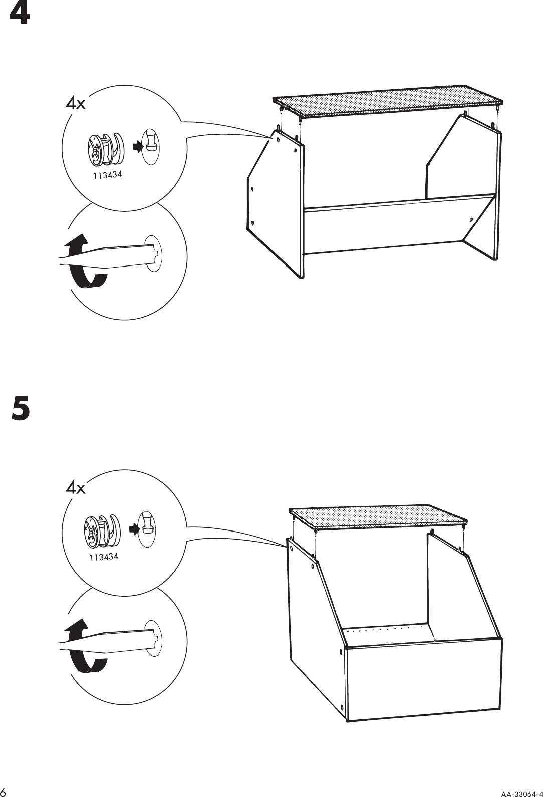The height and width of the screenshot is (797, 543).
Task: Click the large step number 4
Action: click(x=20, y=15)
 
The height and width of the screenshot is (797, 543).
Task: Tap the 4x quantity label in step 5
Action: click(x=76, y=487)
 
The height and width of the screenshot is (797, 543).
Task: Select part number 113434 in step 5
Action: click(x=104, y=557)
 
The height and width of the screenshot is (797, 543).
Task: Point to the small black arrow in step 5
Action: click(x=132, y=528)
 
